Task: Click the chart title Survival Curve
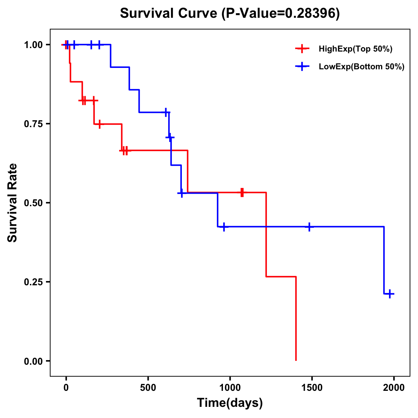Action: [170, 13]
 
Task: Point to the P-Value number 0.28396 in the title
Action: [310, 13]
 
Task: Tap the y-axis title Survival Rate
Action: [13, 202]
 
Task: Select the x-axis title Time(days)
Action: [230, 403]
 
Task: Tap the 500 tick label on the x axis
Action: [148, 388]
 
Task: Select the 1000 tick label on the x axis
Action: [230, 388]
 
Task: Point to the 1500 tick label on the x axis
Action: [312, 388]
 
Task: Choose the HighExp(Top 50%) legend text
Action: [356, 49]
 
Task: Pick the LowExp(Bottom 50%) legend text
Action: [362, 67]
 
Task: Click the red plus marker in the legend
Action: [302, 49]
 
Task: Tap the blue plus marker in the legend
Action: [302, 67]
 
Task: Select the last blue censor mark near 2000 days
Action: [390, 294]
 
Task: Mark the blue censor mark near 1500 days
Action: [309, 227]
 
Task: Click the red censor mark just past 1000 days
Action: [242, 192]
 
